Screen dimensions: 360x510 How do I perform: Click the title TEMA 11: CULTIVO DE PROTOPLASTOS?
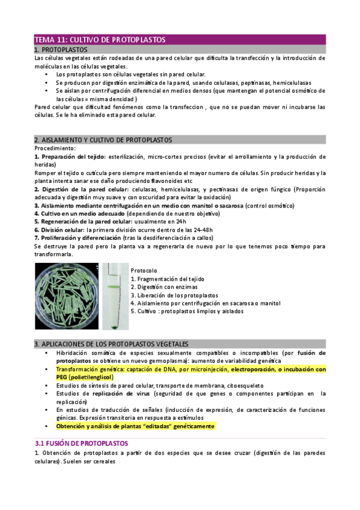pos(99,40)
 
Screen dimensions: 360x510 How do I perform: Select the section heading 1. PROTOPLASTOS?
pos(61,49)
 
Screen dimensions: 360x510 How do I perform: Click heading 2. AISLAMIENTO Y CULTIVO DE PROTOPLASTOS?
pos(103,140)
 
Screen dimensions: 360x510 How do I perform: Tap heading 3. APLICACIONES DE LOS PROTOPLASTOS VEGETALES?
pos(111,343)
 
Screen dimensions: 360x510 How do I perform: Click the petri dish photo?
pos(66,296)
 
